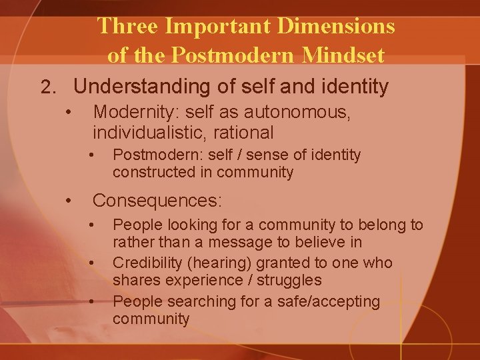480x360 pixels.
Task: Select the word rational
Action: point(246,133)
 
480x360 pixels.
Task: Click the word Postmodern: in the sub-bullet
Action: point(151,155)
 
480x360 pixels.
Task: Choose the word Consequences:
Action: point(157,200)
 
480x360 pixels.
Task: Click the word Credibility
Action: point(147,263)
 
